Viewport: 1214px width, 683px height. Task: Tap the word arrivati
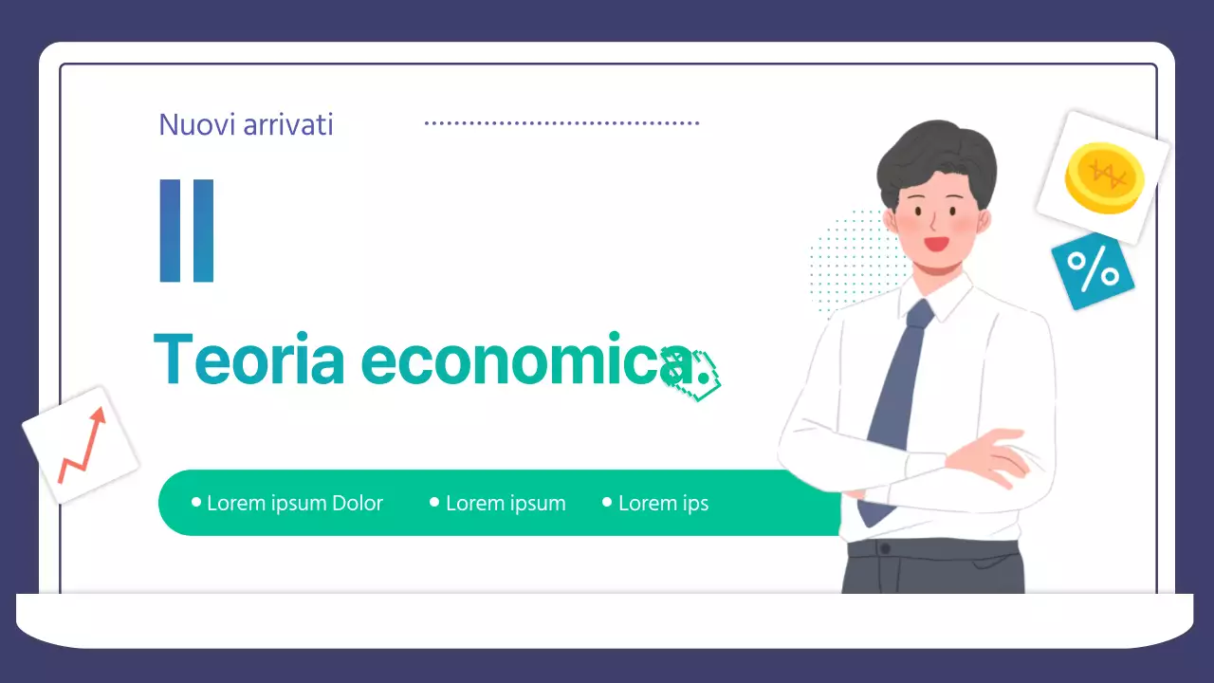click(288, 124)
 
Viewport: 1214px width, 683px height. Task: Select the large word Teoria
click(248, 360)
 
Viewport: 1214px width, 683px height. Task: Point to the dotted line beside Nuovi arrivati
click(561, 123)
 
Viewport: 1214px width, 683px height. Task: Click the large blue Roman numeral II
click(187, 231)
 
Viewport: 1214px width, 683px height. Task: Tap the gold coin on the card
click(1104, 176)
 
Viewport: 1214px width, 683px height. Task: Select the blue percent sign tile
click(1093, 271)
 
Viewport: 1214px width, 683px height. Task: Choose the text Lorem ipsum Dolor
click(294, 503)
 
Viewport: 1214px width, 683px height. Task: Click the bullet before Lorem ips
click(607, 502)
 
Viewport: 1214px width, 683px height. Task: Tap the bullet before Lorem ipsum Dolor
click(196, 502)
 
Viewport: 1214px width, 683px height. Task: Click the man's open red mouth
click(937, 244)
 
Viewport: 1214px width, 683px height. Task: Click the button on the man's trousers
click(885, 549)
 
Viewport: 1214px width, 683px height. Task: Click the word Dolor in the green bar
click(357, 503)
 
